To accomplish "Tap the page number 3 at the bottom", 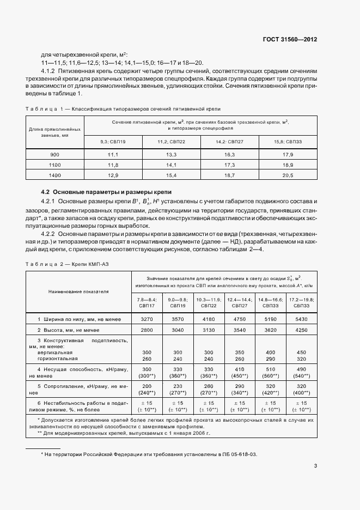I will pyautogui.click(x=315, y=465).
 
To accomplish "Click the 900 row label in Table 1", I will pyautogui.click(x=54, y=155).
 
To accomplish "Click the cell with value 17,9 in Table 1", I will pyautogui.click(x=288, y=155).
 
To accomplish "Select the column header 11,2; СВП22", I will pyautogui.click(x=171, y=142).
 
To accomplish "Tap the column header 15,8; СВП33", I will pyautogui.click(x=288, y=142).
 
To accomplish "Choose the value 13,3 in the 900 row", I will pyautogui.click(x=171, y=155).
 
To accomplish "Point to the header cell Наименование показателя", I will pyautogui.click(x=78, y=292).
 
